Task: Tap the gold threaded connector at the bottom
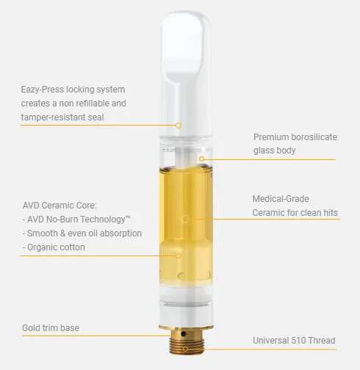point(185,345)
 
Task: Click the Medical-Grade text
point(280,199)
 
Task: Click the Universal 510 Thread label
point(294,341)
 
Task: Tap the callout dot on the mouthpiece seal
point(178,125)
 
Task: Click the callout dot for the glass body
point(201,157)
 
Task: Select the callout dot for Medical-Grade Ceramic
point(185,218)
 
